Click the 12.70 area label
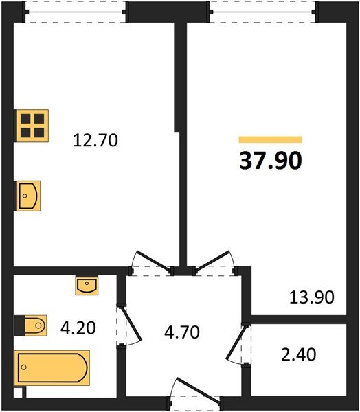point(95,140)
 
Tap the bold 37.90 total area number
point(271,161)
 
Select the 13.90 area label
point(312,297)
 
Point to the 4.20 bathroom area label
point(78,328)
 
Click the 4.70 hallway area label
point(182,332)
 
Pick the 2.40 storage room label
point(299,355)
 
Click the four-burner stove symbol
point(32,126)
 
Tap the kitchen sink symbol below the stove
point(28,196)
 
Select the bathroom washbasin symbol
point(87,286)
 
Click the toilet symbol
point(32,325)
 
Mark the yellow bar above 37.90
point(270,139)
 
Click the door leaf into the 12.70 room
point(153,261)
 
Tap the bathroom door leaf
point(131,323)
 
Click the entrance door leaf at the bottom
point(199,389)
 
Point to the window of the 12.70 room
point(76,12)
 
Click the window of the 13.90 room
point(263,12)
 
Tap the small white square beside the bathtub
point(18,392)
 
